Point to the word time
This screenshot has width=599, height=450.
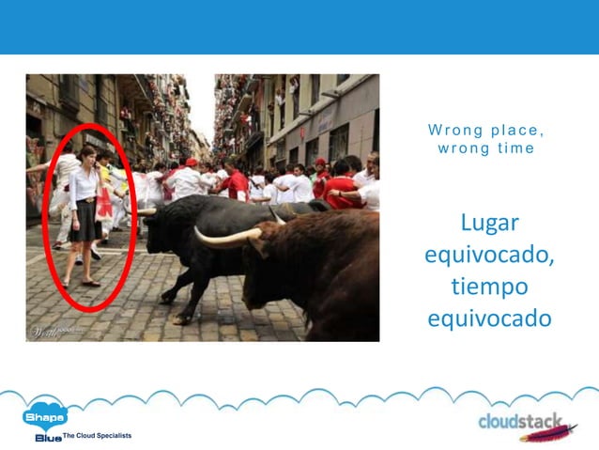[515, 148]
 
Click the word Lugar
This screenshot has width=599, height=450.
[489, 225]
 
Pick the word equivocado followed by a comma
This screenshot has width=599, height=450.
[489, 256]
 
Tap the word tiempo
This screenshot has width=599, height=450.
[489, 286]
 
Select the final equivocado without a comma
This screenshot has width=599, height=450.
[489, 318]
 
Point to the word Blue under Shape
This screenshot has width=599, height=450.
[48, 437]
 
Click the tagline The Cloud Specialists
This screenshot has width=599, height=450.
[98, 436]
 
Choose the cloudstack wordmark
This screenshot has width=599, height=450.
[520, 421]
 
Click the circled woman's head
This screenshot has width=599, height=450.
[87, 154]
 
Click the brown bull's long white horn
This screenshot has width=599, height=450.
[225, 238]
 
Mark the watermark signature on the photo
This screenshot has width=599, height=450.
[47, 331]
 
